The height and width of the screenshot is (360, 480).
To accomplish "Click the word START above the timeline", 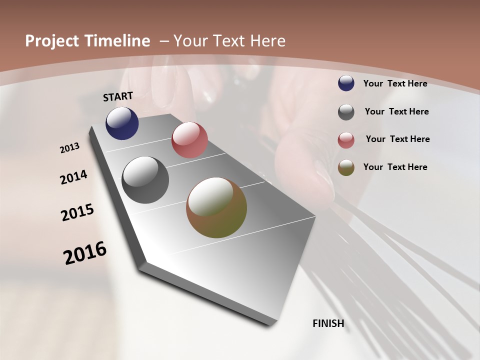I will click(x=118, y=96).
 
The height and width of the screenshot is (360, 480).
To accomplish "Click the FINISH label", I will click(x=328, y=323).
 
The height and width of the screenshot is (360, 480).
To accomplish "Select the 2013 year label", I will click(x=70, y=148).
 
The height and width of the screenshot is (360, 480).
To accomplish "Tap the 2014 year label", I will click(x=74, y=177).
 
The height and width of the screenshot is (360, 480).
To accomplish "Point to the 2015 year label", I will click(x=77, y=212).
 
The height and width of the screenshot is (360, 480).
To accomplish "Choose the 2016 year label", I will click(x=85, y=252).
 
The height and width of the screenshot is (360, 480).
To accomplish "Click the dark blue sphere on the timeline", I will click(x=122, y=123).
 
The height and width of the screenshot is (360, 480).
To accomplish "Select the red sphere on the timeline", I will click(x=189, y=140).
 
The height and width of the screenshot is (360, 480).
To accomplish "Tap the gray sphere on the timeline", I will click(x=145, y=180).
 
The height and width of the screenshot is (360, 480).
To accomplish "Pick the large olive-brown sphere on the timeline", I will click(x=216, y=207).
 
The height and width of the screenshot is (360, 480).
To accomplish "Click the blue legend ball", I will click(x=346, y=83).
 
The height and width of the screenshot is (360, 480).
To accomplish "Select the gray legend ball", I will click(x=346, y=112).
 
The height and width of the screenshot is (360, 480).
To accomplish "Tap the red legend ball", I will click(x=346, y=140).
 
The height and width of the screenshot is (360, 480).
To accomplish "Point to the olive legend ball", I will click(x=346, y=167).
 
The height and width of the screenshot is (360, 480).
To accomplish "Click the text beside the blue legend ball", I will click(x=395, y=83).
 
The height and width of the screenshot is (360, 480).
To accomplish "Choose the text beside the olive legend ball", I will click(x=395, y=167).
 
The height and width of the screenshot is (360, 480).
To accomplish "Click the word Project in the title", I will click(x=52, y=41).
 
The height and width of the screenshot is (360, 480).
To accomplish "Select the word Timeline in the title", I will click(x=118, y=41).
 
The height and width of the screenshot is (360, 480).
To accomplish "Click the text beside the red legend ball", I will click(x=397, y=139).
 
